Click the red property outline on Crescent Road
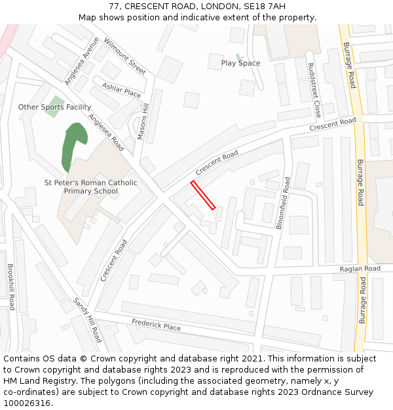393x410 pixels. click(203, 195)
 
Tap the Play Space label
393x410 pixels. click(240, 63)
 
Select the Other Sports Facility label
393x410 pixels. click(54, 107)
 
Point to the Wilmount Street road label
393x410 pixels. click(124, 56)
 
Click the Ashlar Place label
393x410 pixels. click(121, 90)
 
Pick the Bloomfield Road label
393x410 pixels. click(283, 202)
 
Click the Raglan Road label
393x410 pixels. click(360, 269)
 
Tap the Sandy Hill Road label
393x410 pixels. click(87, 319)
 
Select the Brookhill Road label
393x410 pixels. click(11, 287)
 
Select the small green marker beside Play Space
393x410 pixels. click(239, 57)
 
